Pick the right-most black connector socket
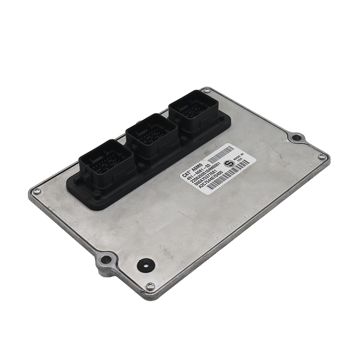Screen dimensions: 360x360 193,109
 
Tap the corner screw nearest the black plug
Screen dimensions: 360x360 150,286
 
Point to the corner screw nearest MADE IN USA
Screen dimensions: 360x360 321,157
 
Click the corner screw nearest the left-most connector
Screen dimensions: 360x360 37,192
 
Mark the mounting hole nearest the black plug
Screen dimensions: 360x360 105,259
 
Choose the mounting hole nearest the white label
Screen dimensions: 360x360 295,137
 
